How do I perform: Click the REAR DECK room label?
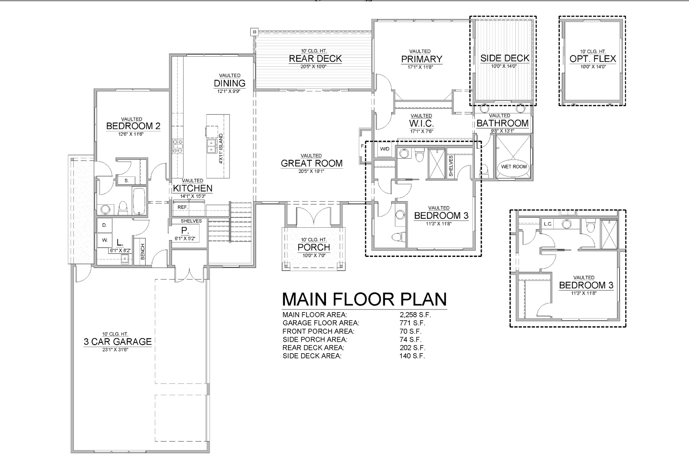(315, 59)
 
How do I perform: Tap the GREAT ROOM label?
(312, 163)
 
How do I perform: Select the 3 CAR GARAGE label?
(118, 341)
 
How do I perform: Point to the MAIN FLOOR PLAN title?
(364, 299)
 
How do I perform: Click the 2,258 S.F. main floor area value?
(415, 315)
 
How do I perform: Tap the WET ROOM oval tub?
(514, 167)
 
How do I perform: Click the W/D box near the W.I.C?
(385, 149)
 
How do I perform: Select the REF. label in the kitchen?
(183, 207)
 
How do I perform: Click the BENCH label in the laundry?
(142, 252)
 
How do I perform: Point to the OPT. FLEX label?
(593, 59)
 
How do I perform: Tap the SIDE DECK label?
(505, 58)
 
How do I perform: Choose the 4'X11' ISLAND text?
(221, 149)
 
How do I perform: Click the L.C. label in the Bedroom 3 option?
(548, 224)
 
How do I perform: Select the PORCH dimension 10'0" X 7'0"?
(314, 255)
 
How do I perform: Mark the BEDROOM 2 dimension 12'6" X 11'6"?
(131, 134)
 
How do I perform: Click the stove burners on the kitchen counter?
(178, 146)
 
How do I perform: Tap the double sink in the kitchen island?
(211, 146)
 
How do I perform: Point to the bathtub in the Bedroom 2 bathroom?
(139, 201)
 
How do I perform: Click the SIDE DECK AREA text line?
(312, 356)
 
